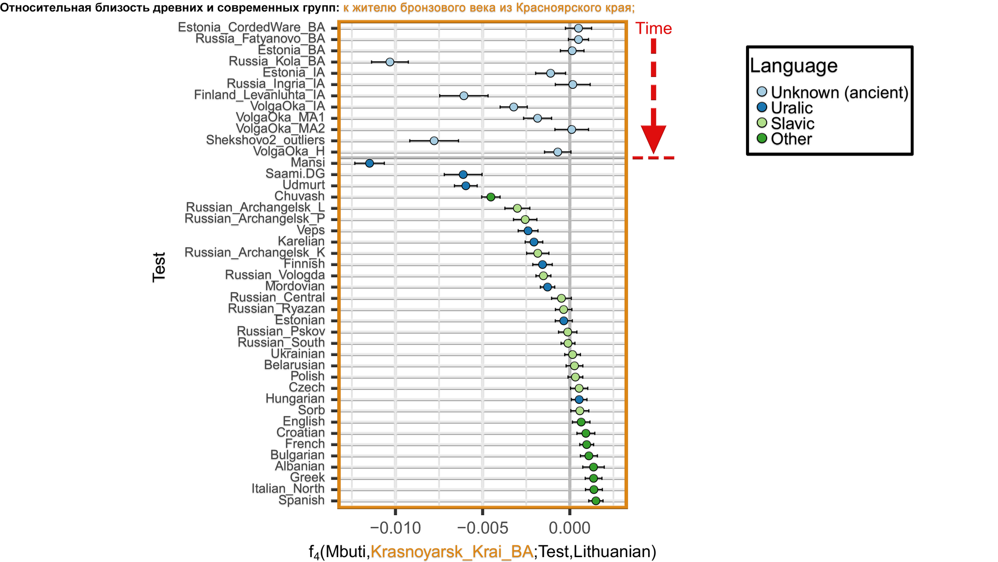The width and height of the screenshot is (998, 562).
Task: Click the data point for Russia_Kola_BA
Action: (390, 62)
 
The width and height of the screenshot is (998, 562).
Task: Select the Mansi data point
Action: (369, 163)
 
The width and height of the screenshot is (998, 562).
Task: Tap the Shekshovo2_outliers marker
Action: (434, 140)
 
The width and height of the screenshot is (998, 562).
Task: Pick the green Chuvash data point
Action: (491, 197)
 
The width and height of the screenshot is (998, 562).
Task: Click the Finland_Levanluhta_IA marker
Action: (464, 96)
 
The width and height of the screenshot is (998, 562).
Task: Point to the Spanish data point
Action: (595, 501)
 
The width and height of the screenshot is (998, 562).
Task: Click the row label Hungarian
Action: (295, 399)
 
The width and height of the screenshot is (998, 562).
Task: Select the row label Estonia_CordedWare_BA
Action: (251, 27)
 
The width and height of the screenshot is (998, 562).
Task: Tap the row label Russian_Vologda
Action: (275, 275)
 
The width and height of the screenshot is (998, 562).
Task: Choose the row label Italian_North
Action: (288, 489)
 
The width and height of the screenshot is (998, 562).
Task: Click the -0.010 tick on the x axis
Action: (395, 528)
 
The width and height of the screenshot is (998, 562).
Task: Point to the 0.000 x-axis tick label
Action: (569, 528)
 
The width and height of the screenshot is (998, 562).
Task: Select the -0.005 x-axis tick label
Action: (482, 528)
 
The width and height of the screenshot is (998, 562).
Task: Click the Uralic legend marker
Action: (762, 107)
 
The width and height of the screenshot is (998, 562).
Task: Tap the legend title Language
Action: (793, 65)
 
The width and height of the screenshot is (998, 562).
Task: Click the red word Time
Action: (653, 29)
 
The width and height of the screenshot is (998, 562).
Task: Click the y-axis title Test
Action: (159, 267)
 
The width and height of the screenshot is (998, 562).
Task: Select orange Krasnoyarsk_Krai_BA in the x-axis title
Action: (451, 552)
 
